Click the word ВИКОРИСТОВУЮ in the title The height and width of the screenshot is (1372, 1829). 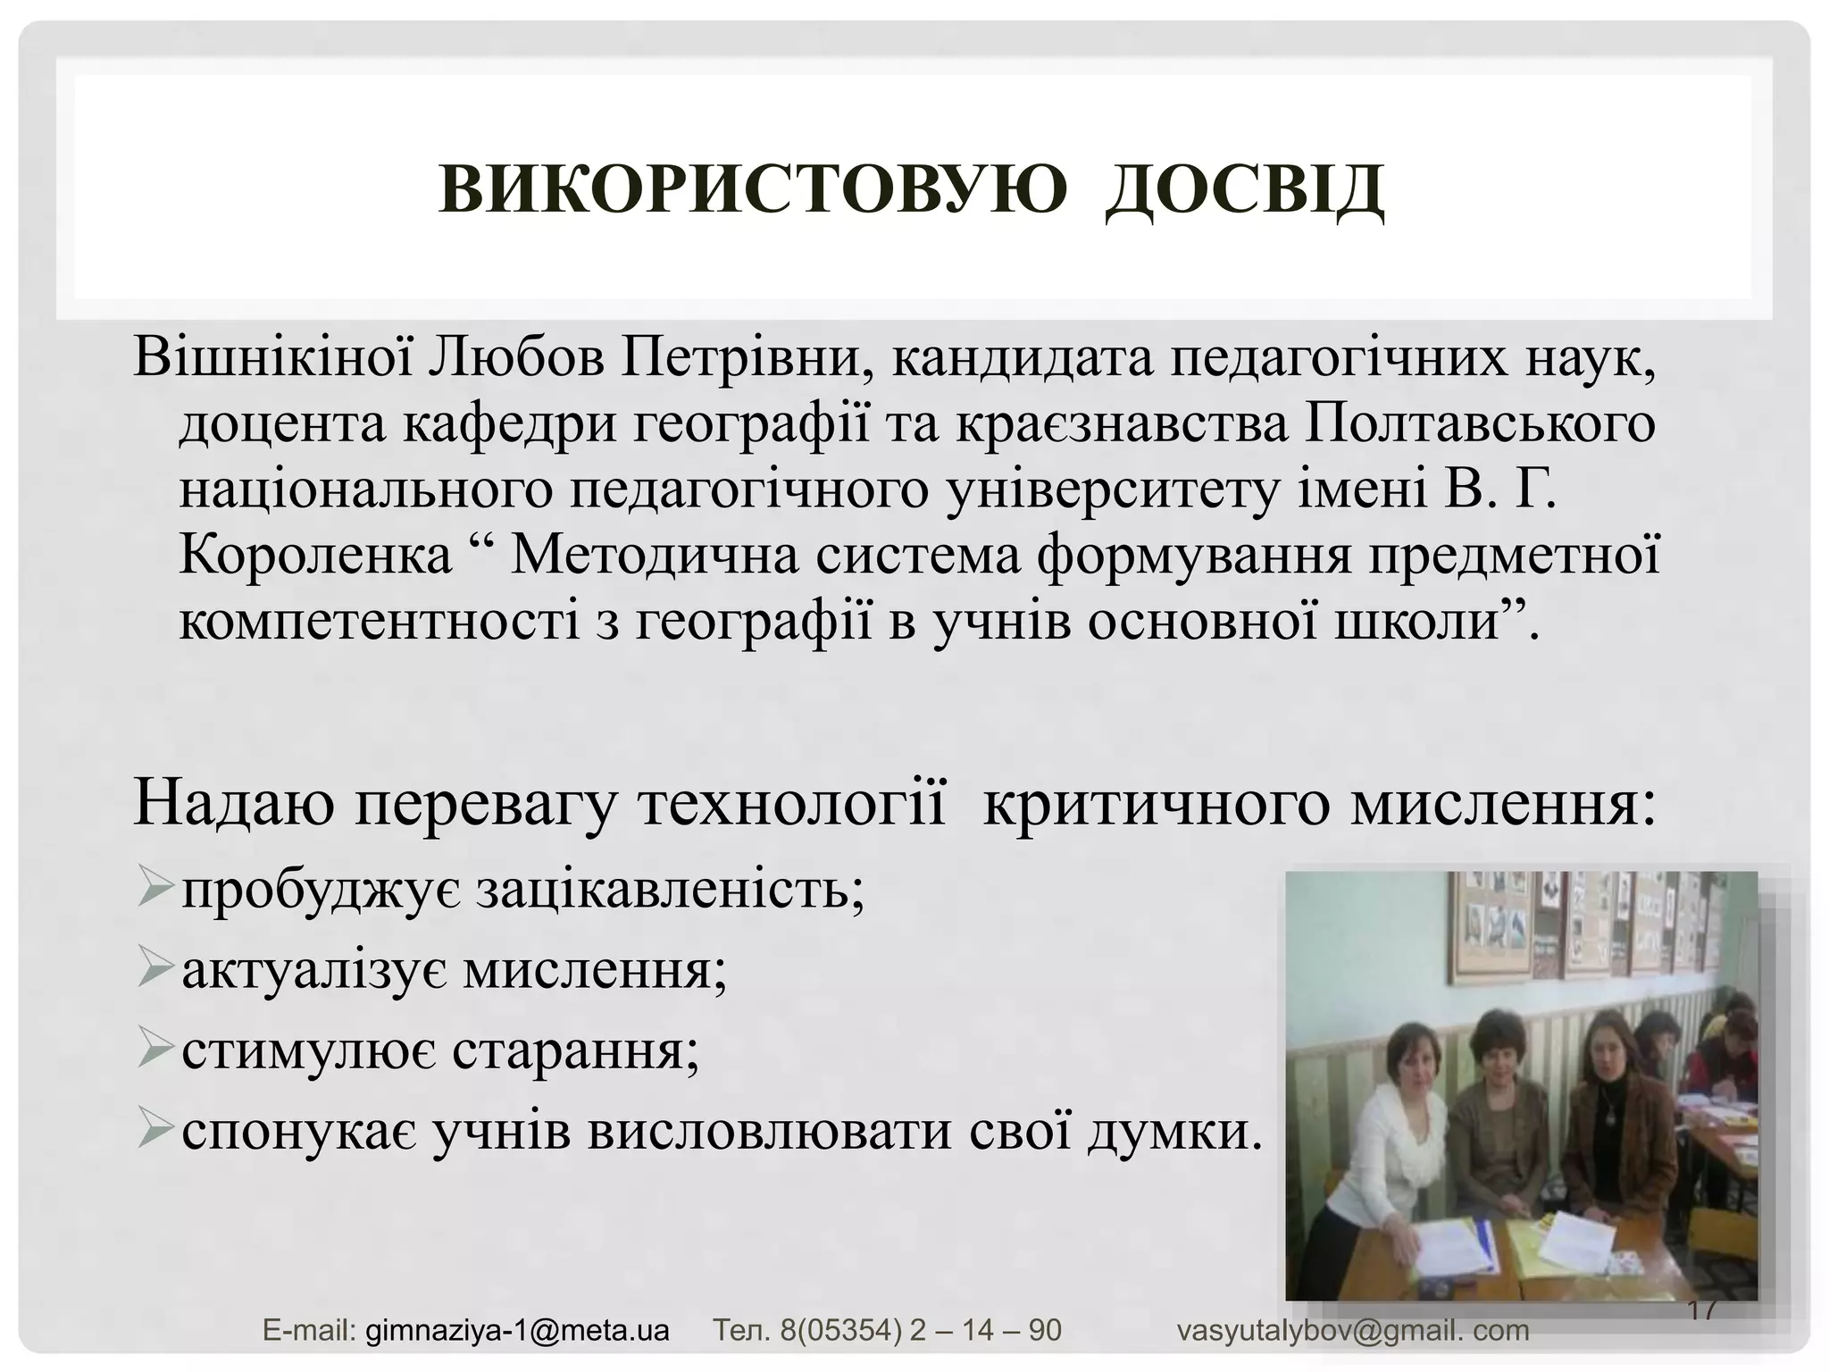pos(752,190)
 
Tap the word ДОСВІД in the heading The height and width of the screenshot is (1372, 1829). pos(1244,190)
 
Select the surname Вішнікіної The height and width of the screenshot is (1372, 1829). pos(272,359)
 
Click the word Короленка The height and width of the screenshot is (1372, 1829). pos(315,556)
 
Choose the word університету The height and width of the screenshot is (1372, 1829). pos(1114,490)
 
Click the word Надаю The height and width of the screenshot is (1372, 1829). pos(234,803)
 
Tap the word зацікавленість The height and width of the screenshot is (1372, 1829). pos(670,891)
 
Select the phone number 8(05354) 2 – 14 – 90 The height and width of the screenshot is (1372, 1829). pos(920,1330)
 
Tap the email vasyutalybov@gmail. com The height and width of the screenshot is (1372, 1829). pos(1352,1330)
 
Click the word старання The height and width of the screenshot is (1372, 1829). pos(574,1051)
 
